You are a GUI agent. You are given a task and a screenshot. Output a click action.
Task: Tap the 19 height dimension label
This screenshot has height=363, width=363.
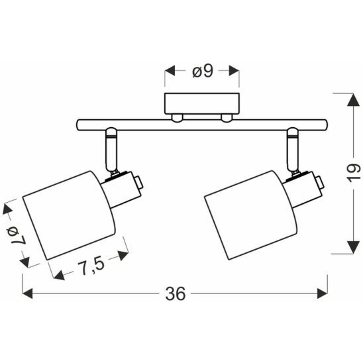[354, 172]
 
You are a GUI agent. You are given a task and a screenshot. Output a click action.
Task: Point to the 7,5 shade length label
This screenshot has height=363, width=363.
[91, 267]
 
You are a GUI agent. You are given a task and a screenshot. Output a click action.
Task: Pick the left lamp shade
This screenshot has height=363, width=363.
[70, 215]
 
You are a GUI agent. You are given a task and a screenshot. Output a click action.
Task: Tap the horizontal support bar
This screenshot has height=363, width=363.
[202, 125]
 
